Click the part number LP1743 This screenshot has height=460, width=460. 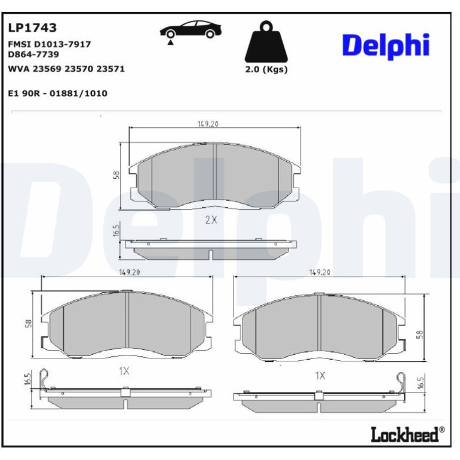[x=32, y=27]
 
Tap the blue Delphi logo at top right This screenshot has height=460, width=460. [x=386, y=47]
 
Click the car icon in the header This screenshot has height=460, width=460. [x=191, y=30]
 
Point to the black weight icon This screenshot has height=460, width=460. [x=266, y=41]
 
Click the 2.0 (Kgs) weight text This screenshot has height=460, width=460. [x=266, y=69]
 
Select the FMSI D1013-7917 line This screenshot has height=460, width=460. [x=49, y=44]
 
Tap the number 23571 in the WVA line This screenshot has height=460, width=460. [x=111, y=69]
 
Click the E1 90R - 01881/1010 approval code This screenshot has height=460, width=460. [x=57, y=93]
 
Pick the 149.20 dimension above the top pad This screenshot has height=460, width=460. [x=208, y=124]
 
